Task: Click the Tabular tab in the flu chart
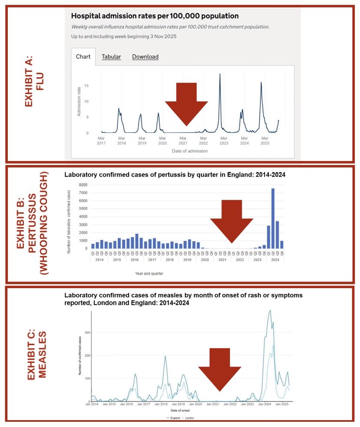pyautogui.click(x=111, y=57)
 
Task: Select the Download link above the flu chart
pyautogui.click(x=145, y=57)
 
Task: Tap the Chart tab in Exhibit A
pyautogui.click(x=83, y=57)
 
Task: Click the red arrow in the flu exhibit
pyautogui.click(x=187, y=103)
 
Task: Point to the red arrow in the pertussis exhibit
pyautogui.click(x=232, y=219)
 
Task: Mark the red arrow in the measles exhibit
pyautogui.click(x=220, y=368)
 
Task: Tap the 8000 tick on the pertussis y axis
pyautogui.click(x=83, y=185)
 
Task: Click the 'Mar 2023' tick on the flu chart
pyautogui.click(x=223, y=140)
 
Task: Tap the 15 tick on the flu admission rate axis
pyautogui.click(x=87, y=86)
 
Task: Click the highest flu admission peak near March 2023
pyautogui.click(x=220, y=74)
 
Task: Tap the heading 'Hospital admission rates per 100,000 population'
pyautogui.click(x=155, y=16)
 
